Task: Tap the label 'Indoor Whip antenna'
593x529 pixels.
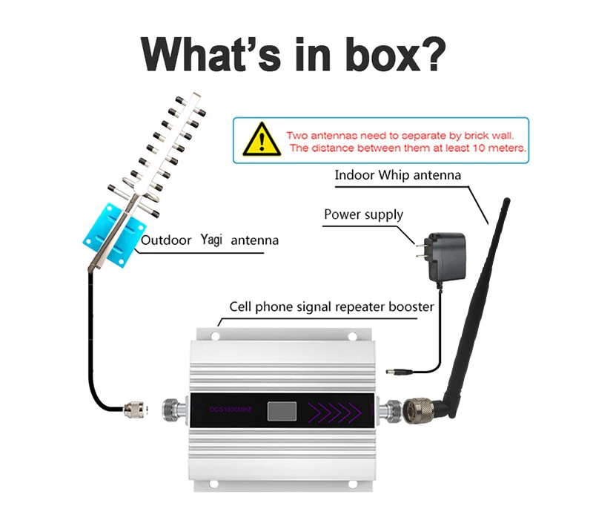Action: (x=398, y=176)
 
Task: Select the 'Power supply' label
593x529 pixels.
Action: (x=363, y=214)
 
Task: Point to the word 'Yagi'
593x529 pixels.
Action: (x=211, y=240)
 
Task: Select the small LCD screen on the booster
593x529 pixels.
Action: (x=282, y=410)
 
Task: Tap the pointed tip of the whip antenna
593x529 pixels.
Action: (x=506, y=200)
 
